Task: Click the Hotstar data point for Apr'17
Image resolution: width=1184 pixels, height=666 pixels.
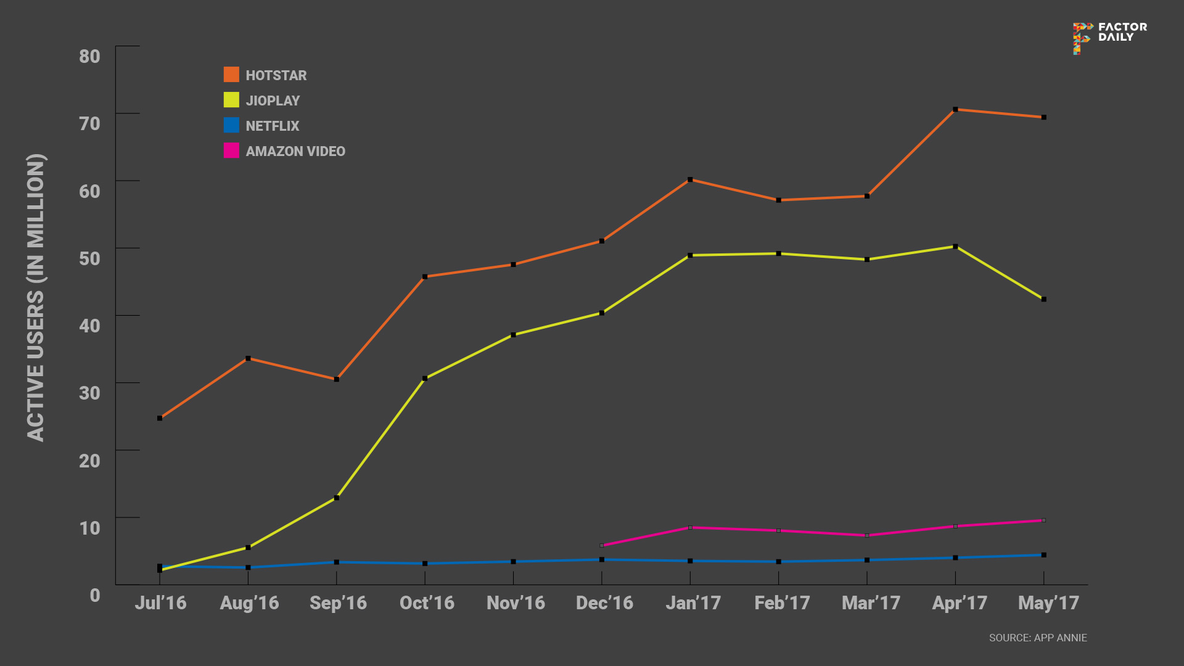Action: coord(955,110)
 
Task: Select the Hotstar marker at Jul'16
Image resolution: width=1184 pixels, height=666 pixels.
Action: coord(160,418)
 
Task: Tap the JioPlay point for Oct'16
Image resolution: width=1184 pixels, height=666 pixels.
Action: coord(425,379)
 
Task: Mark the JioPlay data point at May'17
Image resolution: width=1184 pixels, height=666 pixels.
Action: coord(1043,300)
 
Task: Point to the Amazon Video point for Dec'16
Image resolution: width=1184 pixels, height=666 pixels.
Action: coord(602,546)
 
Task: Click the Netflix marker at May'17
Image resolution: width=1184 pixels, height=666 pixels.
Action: coord(1043,555)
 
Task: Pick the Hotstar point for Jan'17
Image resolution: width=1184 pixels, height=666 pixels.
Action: coord(690,180)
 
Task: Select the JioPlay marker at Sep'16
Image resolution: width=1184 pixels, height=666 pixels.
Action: coord(337,498)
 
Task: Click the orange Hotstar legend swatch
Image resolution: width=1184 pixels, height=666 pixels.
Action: coord(231,75)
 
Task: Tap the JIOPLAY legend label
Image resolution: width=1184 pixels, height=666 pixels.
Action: coord(273,101)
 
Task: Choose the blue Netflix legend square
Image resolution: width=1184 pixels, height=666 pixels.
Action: coord(231,125)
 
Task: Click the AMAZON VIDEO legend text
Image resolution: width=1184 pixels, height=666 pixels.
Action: coord(295,151)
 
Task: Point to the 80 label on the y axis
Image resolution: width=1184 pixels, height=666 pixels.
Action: coord(89,56)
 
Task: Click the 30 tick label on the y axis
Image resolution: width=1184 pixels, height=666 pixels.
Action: coord(89,393)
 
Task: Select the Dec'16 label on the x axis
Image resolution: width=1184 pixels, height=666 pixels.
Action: coord(604,602)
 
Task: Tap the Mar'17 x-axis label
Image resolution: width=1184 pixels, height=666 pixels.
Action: coord(871,602)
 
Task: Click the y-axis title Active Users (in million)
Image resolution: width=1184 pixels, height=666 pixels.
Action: coord(36,297)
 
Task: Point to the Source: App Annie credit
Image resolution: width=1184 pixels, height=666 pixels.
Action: coord(1038,638)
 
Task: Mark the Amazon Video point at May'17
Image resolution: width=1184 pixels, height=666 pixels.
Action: coord(1043,520)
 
